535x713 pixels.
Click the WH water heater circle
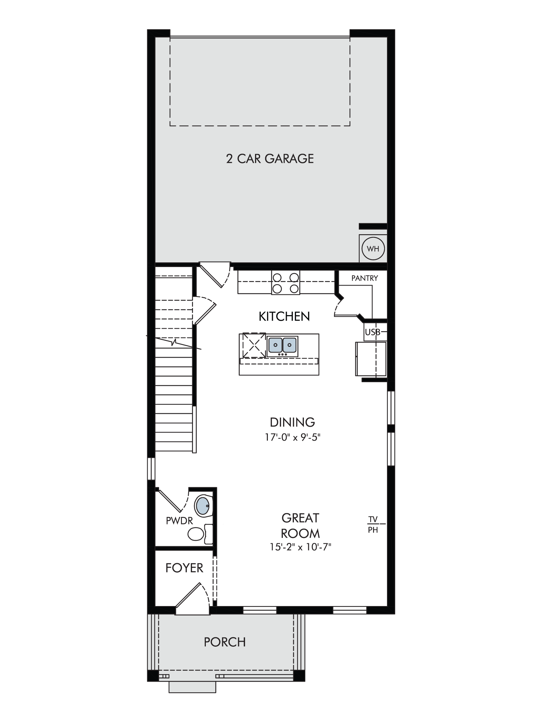373,248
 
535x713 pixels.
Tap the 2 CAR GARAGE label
270,159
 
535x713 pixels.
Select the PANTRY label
365,278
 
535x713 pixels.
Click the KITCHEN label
284,316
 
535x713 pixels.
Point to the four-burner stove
286,282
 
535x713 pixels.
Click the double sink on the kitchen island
282,345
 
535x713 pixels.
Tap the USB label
372,332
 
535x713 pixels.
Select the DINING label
292,422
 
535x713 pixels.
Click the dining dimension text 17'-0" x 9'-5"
293,437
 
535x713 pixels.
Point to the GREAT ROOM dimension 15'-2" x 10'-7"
301,547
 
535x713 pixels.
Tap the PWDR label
179,521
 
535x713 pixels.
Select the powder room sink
203,505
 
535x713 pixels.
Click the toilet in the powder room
200,534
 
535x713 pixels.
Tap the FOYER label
184,568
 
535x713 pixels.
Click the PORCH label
225,642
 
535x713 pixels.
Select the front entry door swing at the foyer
193,598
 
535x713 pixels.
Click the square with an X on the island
254,345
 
